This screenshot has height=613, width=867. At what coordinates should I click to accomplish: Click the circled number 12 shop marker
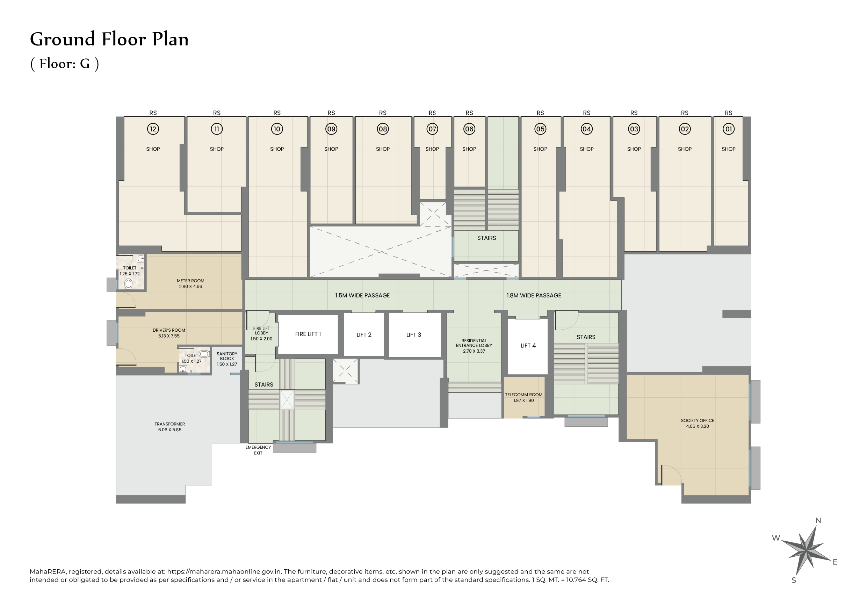[153, 129]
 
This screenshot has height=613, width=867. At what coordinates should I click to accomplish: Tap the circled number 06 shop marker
[469, 129]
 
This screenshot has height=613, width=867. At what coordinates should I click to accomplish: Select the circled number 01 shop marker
[728, 129]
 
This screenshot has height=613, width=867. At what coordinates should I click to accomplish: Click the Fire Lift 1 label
[308, 334]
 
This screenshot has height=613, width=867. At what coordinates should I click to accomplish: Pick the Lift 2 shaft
[364, 335]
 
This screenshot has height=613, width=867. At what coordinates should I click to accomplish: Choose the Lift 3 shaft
[413, 335]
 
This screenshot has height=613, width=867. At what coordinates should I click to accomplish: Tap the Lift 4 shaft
[528, 346]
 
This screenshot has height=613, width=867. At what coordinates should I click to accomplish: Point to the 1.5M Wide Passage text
[362, 295]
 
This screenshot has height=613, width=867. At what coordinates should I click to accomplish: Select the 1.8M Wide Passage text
[534, 295]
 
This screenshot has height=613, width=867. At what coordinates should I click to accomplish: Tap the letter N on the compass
[818, 520]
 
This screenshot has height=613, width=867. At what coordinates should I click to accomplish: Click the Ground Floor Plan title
[109, 39]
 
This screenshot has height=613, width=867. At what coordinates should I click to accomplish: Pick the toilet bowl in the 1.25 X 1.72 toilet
[128, 284]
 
